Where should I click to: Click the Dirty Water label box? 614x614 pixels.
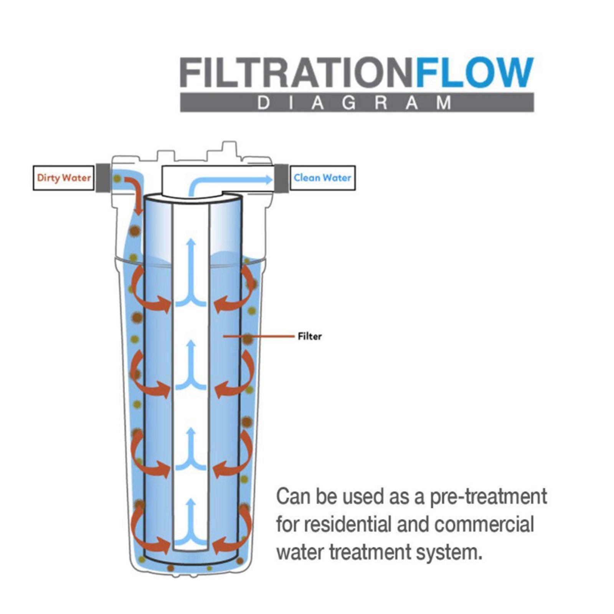64,178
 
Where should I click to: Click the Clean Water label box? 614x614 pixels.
322,178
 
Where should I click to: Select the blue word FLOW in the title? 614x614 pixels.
475,73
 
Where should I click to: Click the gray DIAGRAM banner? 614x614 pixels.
357,102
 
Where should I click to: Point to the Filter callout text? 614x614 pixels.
309,336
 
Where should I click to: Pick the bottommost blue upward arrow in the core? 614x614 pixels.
191,524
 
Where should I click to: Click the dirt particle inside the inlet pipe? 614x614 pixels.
117,178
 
